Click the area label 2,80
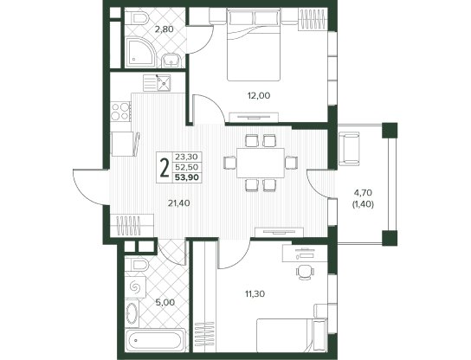pos(165,29)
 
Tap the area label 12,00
pos(259,96)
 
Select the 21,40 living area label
pos(179,203)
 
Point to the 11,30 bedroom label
pos(255,294)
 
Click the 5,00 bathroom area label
pos(165,302)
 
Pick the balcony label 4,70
pos(363,192)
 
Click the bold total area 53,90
pos(187,177)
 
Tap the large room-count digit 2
pos(165,169)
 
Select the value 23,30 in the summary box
pos(186,157)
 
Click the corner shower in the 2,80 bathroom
pos(140,52)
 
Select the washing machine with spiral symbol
pos(135,287)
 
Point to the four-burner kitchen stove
pos(120,111)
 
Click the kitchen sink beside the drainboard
pos(164,83)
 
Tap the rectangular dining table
pos(261,163)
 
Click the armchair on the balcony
pos(349,149)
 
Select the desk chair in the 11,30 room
pos(305,272)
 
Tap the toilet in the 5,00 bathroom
pos(137,265)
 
